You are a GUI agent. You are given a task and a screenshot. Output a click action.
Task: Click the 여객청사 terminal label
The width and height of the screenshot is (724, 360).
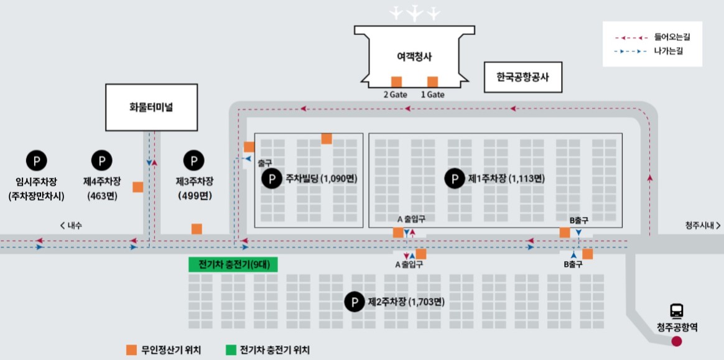click(x=414, y=57)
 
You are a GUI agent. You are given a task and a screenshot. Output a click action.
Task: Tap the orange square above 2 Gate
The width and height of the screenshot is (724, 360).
click(x=396, y=81)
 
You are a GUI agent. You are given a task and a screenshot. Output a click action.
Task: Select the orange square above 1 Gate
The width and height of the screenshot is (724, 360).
click(x=432, y=81)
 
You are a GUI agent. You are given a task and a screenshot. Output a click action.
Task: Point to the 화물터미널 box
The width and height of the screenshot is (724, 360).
click(x=151, y=107)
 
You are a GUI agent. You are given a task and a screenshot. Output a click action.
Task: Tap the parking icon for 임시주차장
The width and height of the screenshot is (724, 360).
click(x=36, y=161)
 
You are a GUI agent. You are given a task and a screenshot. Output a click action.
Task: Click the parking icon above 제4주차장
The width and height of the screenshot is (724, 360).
click(x=101, y=161)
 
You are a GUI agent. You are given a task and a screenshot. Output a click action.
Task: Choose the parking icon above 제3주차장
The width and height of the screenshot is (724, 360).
click(x=194, y=161)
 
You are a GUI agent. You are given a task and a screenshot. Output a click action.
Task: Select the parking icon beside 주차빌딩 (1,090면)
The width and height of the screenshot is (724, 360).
click(x=271, y=179)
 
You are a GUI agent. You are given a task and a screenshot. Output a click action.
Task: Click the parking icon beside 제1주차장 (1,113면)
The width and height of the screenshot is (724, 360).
click(x=454, y=179)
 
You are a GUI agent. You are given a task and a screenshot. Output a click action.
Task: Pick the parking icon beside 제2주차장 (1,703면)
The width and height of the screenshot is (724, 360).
click(x=355, y=303)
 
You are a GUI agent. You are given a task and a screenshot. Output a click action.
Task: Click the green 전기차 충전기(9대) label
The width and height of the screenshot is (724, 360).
click(x=233, y=264)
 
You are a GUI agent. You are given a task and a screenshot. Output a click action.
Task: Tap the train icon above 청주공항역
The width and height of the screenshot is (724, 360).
click(x=677, y=310)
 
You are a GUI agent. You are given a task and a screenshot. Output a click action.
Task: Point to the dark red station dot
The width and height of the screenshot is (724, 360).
click(x=677, y=341)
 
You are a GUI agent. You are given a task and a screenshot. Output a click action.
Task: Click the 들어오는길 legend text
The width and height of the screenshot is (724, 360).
click(x=672, y=37)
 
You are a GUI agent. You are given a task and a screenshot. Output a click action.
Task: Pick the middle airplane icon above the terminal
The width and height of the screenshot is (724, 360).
click(x=414, y=12)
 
